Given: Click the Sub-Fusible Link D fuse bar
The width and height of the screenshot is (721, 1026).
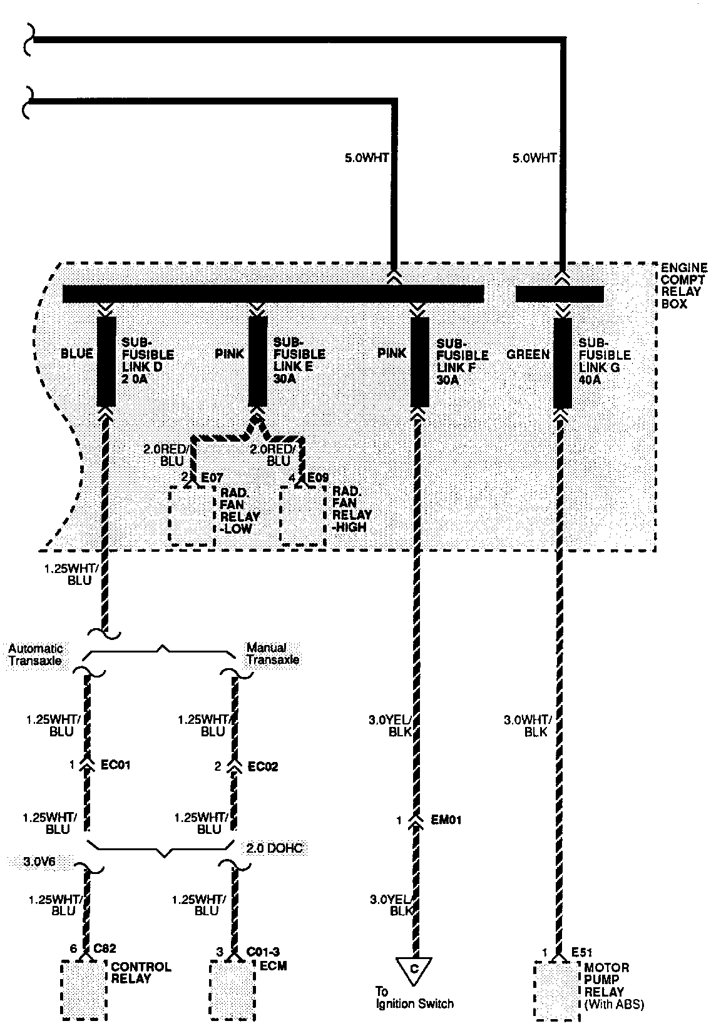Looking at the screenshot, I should [x=106, y=362].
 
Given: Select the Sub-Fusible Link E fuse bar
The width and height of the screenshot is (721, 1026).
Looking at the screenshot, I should [x=258, y=362].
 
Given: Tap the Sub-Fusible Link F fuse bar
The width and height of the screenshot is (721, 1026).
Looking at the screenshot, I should [x=419, y=362].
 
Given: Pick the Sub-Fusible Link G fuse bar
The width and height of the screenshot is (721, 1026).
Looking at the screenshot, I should [x=563, y=362].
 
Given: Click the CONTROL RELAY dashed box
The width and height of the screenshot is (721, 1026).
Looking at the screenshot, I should [x=84, y=991].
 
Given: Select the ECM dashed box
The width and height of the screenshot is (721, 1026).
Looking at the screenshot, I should [x=232, y=991].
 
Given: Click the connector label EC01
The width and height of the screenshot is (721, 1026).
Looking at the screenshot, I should [x=116, y=764].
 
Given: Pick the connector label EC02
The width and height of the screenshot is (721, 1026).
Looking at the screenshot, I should [x=263, y=766].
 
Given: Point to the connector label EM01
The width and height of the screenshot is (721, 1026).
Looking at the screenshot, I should [x=446, y=820].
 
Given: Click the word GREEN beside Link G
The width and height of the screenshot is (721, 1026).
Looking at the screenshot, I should [x=528, y=354].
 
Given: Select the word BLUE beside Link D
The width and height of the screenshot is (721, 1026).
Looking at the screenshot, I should [x=76, y=353].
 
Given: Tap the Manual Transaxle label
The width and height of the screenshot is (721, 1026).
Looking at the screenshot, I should [x=272, y=654].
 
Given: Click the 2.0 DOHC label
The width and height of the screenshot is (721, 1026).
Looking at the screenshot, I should [x=275, y=848].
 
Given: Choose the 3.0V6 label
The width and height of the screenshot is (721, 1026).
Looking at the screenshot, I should [x=39, y=861].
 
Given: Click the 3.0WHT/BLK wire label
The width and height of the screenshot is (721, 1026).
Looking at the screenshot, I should [x=526, y=726].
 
